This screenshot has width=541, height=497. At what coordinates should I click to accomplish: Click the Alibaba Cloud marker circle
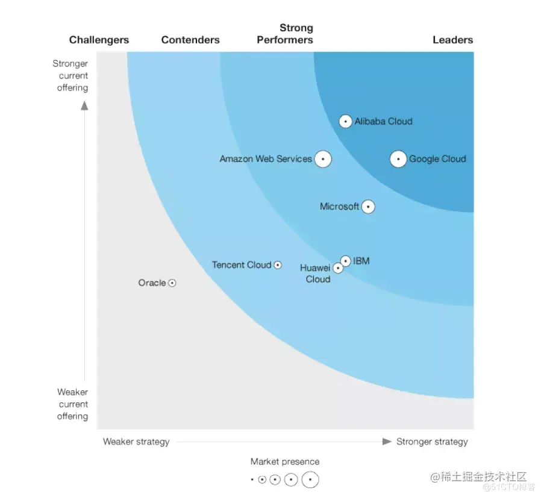pos(345,121)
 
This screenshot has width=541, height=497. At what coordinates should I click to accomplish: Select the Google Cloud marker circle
pos(398,159)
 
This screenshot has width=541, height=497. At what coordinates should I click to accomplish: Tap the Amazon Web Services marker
pos(323,159)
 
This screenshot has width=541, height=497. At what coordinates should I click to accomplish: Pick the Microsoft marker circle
pos(367,207)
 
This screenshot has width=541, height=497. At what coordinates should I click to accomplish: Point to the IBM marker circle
pos(345,261)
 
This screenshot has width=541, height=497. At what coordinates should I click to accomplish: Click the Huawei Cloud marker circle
pos(338,268)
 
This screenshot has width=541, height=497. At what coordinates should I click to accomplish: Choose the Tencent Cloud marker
pos(278,265)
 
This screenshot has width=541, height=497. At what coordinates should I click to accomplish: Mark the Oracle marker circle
pos(172,283)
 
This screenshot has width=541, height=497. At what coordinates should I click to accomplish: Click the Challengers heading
pos(99,40)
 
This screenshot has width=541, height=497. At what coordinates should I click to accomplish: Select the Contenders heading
pos(190,40)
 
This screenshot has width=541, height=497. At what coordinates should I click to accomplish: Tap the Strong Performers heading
pos(285,34)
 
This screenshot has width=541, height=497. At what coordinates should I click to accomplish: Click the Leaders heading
pos(452,40)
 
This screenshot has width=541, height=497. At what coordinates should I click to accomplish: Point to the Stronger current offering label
pos(71,76)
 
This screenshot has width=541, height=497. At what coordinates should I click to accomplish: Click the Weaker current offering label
pos(72,404)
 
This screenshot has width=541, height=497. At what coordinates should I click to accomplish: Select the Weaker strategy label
pos(136,442)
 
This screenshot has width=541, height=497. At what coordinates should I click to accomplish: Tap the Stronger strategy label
pos(431,442)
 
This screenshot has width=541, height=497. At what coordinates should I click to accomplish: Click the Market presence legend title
pos(285,462)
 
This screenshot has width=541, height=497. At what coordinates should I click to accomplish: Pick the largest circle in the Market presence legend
pos(310,480)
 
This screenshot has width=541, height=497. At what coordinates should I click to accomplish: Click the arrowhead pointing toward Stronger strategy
pos(387,442)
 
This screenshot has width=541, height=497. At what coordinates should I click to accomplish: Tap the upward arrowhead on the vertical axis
pos(84,105)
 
